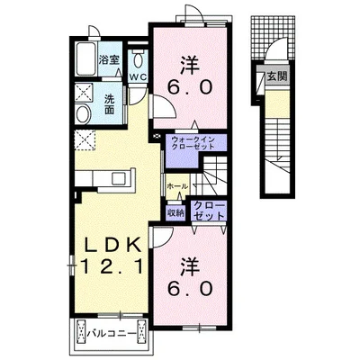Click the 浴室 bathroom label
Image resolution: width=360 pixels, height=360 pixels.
tap(110, 60)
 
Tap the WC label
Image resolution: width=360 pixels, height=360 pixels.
tap(138, 76)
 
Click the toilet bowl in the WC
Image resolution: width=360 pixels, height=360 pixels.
tap(139, 60)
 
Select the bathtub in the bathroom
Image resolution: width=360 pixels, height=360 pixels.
tap(86, 59)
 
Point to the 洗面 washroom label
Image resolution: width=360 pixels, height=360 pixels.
tap(110, 104)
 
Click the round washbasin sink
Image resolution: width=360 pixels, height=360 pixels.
tap(83, 114)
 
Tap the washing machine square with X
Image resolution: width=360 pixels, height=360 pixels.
tap(84, 93)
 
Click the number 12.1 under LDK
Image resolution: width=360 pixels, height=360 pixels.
tap(111, 266)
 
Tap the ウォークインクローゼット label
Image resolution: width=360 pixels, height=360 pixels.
tap(193, 143)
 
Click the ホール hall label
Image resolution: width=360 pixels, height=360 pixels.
tap(177, 186)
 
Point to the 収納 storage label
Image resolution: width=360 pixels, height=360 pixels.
tap(175, 213)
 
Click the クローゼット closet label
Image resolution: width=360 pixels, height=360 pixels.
tap(209, 211)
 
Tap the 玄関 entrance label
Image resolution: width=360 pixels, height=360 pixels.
tap(277, 76)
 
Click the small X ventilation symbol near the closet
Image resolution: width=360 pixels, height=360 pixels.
tap(156, 137)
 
